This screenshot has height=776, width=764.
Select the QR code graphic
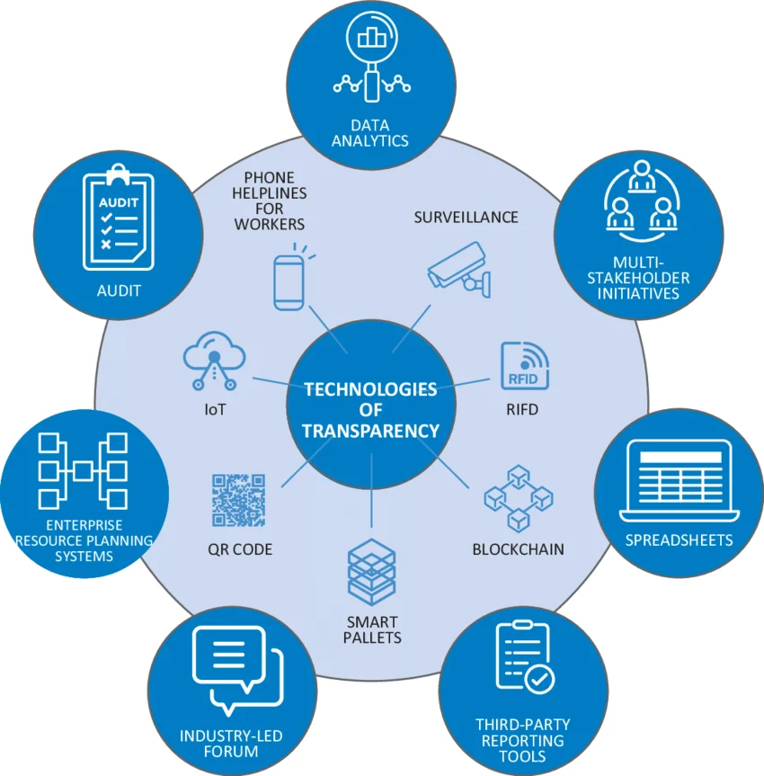pyautogui.click(x=238, y=500)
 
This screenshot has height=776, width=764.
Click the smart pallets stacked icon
pyautogui.click(x=371, y=570)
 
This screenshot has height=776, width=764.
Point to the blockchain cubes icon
pyautogui.click(x=518, y=497)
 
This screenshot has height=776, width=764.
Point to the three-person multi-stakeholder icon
pyautogui.click(x=641, y=201)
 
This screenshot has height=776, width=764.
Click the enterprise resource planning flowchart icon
pyautogui.click(x=82, y=470)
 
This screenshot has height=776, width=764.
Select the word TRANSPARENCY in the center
pyautogui.click(x=370, y=431)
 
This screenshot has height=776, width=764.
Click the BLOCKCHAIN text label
pyautogui.click(x=519, y=549)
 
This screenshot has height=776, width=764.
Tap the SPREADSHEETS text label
pyautogui.click(x=679, y=540)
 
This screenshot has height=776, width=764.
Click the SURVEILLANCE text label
pyautogui.click(x=466, y=217)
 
